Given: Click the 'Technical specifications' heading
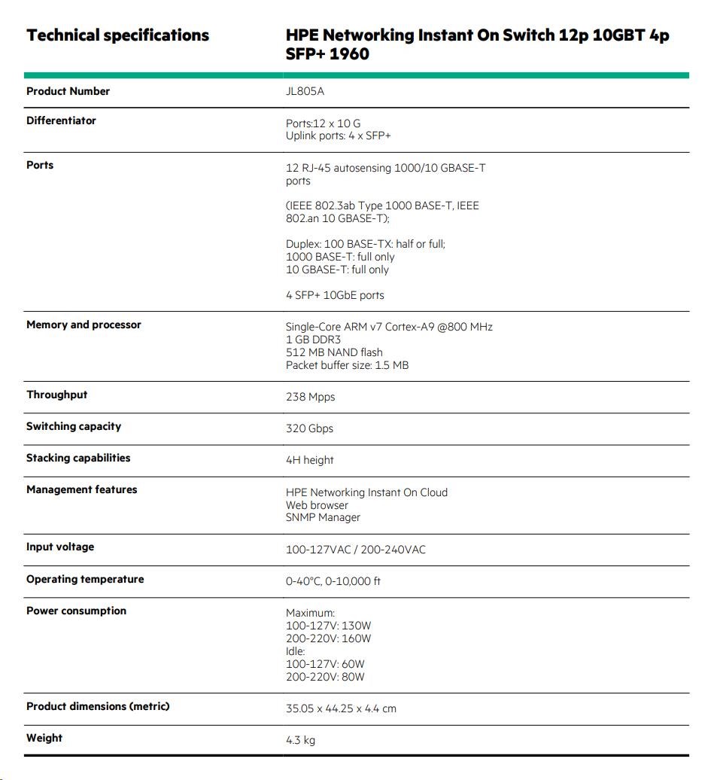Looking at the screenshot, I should tap(117, 35).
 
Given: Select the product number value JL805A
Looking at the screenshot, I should tap(305, 92).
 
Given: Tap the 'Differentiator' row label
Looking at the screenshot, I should tap(61, 120).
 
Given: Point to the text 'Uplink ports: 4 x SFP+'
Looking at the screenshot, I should tap(338, 136).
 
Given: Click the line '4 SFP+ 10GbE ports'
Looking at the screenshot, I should tap(335, 295).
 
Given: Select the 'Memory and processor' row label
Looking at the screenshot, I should tap(84, 324).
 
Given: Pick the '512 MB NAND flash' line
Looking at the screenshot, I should tap(334, 352).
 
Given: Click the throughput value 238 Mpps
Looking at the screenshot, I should tap(310, 397).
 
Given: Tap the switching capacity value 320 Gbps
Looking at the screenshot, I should tap(309, 428).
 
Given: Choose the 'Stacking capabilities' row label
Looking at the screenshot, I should tap(78, 458).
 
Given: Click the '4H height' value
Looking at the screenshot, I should tap(309, 460).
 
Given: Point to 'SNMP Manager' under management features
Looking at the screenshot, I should tap(323, 517).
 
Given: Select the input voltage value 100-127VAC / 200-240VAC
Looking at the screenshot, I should tap(355, 550).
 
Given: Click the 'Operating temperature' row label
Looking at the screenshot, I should tap(85, 579).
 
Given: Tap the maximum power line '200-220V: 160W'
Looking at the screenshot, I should tap(328, 638).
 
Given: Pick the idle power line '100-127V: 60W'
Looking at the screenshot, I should tap(325, 664).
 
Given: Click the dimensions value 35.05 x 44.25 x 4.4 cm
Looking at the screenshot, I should tap(341, 708).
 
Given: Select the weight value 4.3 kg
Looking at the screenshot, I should tap(300, 740).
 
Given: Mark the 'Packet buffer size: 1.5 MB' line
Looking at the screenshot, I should tap(347, 365).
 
